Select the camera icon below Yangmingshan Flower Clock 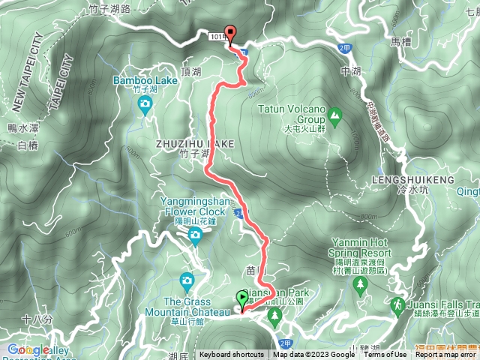click(x=195, y=238)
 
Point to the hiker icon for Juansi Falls click(x=395, y=305)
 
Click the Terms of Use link click(x=385, y=355)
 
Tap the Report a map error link click(x=446, y=355)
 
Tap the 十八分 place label click(x=37, y=320)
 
